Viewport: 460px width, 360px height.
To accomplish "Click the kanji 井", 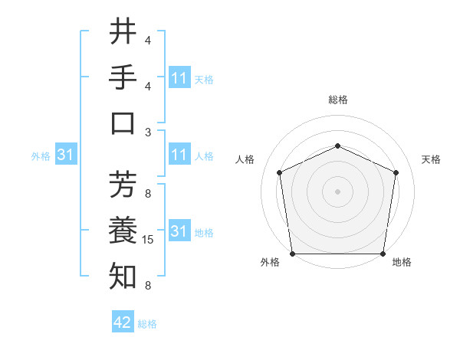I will [x=123, y=32].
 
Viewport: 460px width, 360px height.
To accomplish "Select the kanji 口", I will [x=123, y=123].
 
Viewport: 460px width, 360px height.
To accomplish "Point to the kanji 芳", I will [x=123, y=184].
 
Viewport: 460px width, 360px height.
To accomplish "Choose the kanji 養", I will [x=123, y=230].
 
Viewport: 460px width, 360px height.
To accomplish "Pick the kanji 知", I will [x=123, y=276].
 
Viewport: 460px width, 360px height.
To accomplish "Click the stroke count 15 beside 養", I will [x=148, y=240].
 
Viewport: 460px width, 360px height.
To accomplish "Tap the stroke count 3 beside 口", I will [x=148, y=132].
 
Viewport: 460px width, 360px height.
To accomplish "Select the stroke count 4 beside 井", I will [x=148, y=40].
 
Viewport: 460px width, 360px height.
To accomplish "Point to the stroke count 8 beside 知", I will [x=148, y=286].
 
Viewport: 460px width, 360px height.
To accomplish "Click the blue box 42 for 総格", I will [x=123, y=322].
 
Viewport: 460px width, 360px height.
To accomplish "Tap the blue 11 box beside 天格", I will [x=179, y=78].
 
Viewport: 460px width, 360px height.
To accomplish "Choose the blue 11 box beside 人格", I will [x=179, y=155].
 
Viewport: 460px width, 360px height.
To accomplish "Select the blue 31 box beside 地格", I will [x=179, y=231].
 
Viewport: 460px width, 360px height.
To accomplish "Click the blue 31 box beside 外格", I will [x=66, y=155].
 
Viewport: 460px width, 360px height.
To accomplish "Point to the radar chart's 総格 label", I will [x=337, y=100].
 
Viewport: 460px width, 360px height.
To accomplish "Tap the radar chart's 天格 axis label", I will [x=431, y=159].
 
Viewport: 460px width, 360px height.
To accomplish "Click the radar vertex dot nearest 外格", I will [x=292, y=254].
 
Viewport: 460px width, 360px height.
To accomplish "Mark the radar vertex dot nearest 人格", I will [x=279, y=172].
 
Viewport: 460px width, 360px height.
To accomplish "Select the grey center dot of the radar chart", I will [x=337, y=191].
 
